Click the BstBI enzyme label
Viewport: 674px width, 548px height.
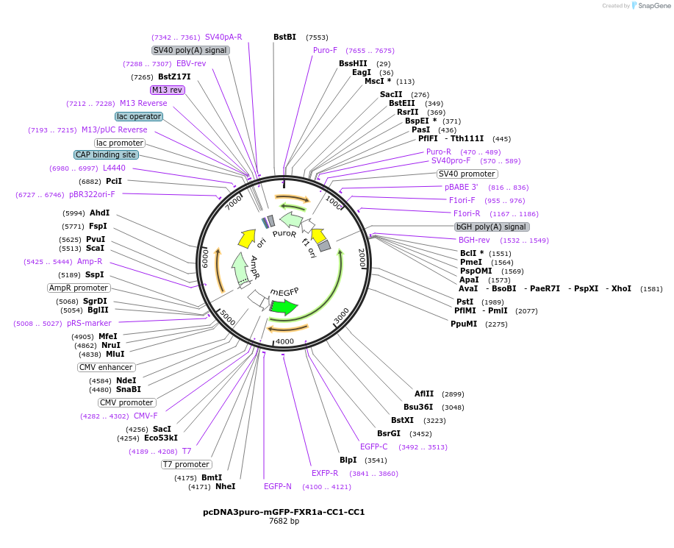pyautogui.click(x=284, y=37)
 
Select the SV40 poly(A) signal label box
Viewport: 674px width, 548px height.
pyautogui.click(x=190, y=50)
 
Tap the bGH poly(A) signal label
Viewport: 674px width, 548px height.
pyautogui.click(x=492, y=227)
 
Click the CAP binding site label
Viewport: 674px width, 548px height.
pyautogui.click(x=105, y=154)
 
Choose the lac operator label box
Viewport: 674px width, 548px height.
pyautogui.click(x=139, y=116)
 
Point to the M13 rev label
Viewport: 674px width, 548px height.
pyautogui.click(x=167, y=90)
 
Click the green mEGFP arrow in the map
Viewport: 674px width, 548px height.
pyautogui.click(x=284, y=307)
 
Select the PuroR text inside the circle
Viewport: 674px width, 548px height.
pyautogui.click(x=284, y=233)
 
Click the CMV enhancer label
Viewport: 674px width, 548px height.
pyautogui.click(x=106, y=367)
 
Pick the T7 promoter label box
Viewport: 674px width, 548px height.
pyautogui.click(x=187, y=464)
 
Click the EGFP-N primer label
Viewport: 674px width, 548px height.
pyautogui.click(x=278, y=486)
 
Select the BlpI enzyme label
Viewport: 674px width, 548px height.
pyautogui.click(x=348, y=460)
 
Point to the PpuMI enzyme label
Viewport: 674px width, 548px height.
pyautogui.click(x=465, y=324)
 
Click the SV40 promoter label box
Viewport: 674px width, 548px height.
pyautogui.click(x=467, y=174)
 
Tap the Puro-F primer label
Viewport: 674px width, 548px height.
pyautogui.click(x=325, y=50)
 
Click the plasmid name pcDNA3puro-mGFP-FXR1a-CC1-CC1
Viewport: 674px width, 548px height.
pyautogui.click(x=284, y=512)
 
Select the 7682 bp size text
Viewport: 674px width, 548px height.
pyautogui.click(x=284, y=522)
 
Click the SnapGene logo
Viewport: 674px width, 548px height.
pyautogui.click(x=650, y=6)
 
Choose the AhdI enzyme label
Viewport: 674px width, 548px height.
pyautogui.click(x=99, y=213)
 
